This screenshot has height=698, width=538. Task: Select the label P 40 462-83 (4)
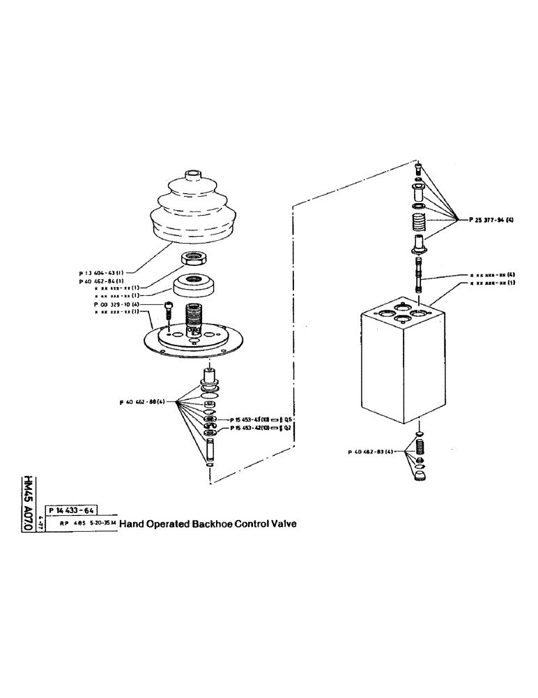(371, 452)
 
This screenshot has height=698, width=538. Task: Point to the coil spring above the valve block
(418, 225)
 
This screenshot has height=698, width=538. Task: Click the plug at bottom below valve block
(420, 477)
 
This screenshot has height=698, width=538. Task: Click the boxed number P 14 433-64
(71, 511)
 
